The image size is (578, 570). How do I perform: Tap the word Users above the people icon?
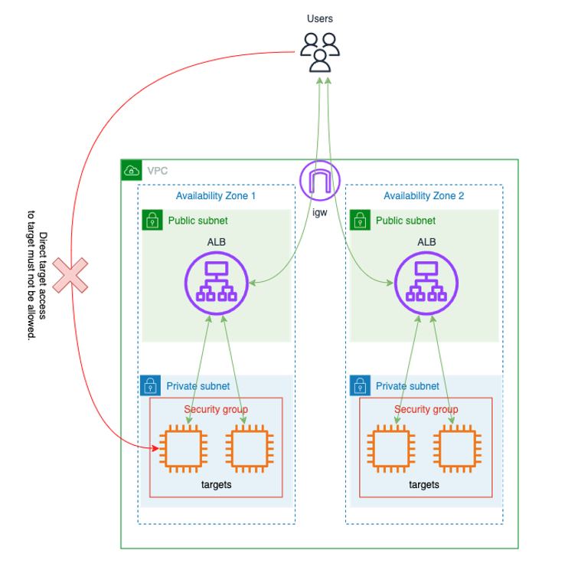(x=319, y=18)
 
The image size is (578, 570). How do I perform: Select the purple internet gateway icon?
(x=319, y=182)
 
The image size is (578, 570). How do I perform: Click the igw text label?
(x=319, y=214)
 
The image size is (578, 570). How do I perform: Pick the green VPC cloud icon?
(x=132, y=170)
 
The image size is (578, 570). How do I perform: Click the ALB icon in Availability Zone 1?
(x=216, y=283)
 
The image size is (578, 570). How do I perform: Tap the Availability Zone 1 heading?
(x=216, y=196)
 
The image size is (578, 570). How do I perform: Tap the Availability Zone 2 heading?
(x=424, y=196)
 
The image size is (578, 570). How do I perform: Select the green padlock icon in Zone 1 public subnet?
(x=152, y=221)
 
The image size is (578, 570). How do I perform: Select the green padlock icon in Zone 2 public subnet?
(x=361, y=221)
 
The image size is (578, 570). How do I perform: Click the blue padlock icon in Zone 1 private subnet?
(x=151, y=385)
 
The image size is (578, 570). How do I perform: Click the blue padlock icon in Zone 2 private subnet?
(x=360, y=385)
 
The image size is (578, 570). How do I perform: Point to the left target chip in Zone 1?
(x=182, y=448)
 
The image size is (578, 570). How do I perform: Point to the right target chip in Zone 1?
(x=249, y=448)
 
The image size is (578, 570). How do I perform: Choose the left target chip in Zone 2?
(x=391, y=448)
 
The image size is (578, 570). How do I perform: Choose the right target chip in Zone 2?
(x=457, y=448)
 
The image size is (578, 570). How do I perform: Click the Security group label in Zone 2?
(x=426, y=409)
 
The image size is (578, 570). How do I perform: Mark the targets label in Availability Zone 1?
(x=216, y=485)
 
